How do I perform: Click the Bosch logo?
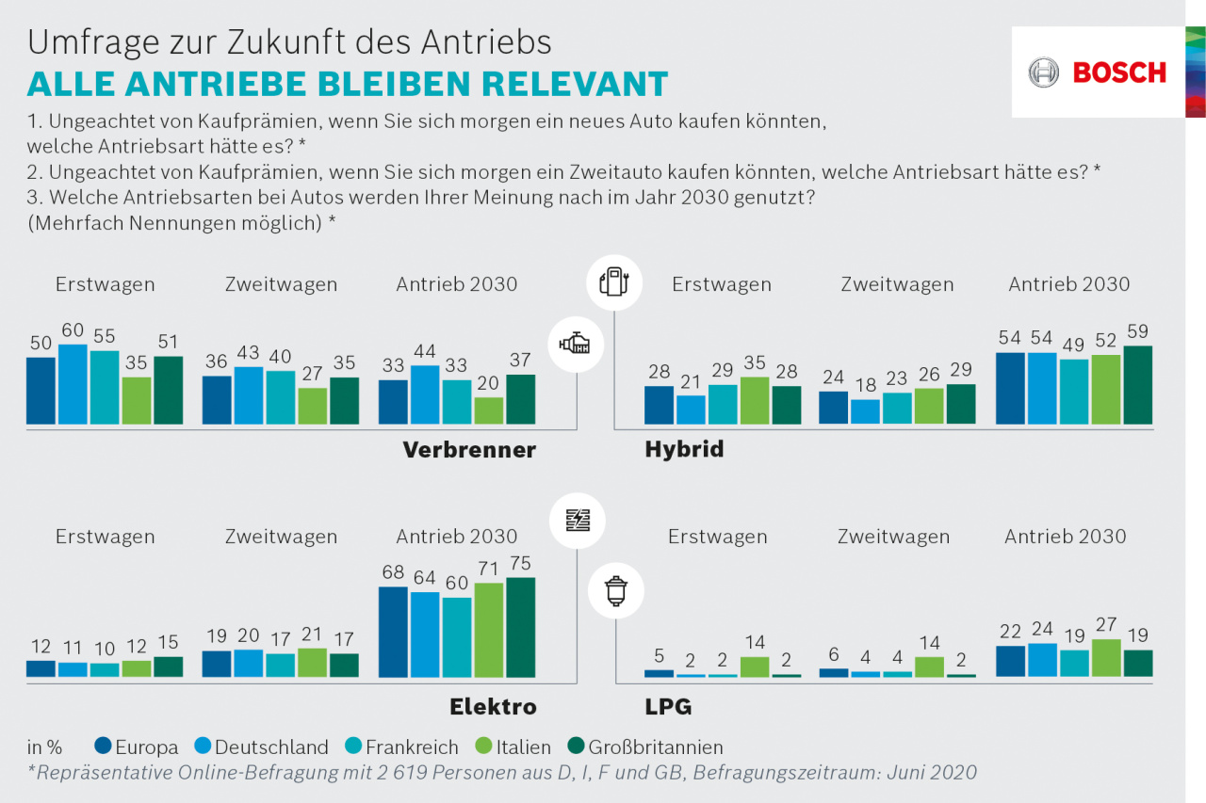(x=1098, y=72)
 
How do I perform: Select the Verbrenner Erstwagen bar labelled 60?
(x=73, y=384)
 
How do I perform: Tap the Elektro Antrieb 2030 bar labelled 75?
(x=520, y=627)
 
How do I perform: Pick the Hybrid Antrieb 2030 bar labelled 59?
(x=1137, y=385)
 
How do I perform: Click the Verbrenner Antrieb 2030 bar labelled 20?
(x=488, y=410)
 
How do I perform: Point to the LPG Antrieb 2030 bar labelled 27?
(x=1105, y=658)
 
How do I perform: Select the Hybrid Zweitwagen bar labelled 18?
(x=865, y=411)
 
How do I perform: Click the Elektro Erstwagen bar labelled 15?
(x=169, y=666)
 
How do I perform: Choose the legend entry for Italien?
(x=510, y=747)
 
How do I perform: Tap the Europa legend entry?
(x=137, y=747)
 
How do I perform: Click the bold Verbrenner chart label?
(x=469, y=450)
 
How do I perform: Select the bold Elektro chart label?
(x=493, y=706)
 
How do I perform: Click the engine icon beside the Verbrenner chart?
(x=577, y=345)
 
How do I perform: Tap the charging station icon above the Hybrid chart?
(x=614, y=281)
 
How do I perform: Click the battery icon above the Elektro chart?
(x=578, y=520)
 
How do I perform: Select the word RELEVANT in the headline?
(x=575, y=83)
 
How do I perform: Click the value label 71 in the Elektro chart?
(x=488, y=569)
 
